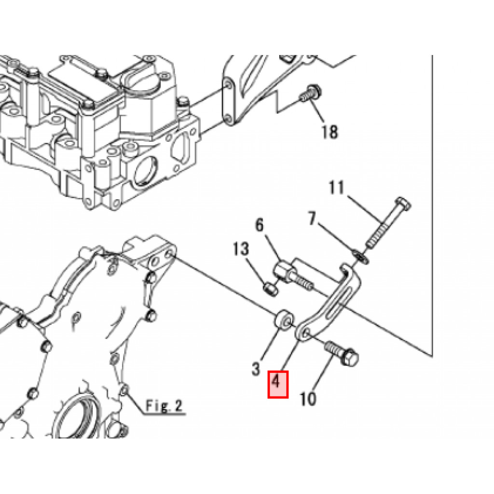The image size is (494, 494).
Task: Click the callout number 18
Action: point(330,131)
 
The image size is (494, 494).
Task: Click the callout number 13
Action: point(241,249)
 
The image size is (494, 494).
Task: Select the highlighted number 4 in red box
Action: point(278,384)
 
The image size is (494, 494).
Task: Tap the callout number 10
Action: point(308,399)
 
